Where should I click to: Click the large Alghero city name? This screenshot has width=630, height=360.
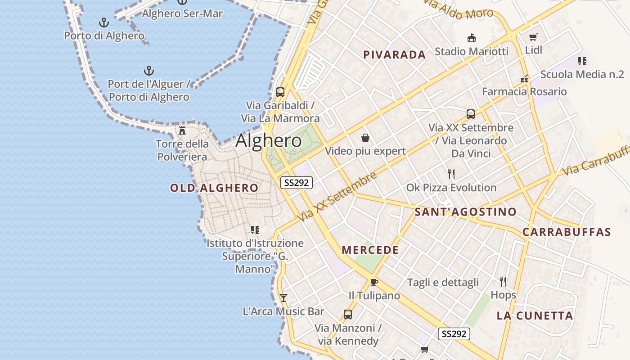click(x=269, y=141)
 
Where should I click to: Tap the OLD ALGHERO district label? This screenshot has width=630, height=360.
click(x=214, y=188)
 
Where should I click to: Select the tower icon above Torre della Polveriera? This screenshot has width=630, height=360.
click(x=182, y=130)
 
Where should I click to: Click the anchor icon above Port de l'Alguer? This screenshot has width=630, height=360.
click(x=148, y=71)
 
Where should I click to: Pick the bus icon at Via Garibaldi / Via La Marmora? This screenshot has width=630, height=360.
click(x=280, y=92)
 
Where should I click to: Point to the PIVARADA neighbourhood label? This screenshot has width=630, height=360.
click(x=394, y=55)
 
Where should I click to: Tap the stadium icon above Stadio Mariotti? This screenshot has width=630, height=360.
click(x=471, y=38)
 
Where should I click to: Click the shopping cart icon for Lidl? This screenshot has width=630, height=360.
click(x=533, y=37)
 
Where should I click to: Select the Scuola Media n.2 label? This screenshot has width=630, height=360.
click(x=582, y=74)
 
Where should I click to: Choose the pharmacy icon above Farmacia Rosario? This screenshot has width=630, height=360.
click(x=524, y=78)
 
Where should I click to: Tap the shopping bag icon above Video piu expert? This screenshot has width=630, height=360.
click(x=365, y=137)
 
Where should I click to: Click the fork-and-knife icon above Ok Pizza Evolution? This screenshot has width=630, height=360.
click(x=451, y=174)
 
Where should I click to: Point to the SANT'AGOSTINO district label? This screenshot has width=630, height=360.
click(x=465, y=212)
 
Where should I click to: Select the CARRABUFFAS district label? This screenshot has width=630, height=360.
click(x=567, y=232)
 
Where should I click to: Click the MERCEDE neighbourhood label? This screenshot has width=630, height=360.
click(x=370, y=250)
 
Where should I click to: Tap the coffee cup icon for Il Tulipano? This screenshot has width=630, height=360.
click(x=374, y=282)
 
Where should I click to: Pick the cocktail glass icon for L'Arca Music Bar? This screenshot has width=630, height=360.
click(x=283, y=297)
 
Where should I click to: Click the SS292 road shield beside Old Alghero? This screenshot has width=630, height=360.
click(x=297, y=183)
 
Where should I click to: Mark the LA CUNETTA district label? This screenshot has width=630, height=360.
click(x=535, y=316)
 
